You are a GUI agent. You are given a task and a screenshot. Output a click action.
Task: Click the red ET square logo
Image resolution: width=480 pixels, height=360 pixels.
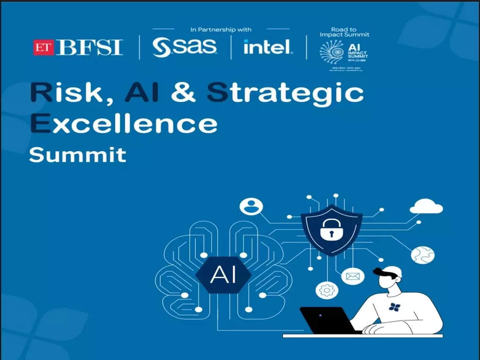(44, 47)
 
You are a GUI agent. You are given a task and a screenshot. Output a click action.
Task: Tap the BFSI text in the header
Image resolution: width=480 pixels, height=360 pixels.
(90, 47)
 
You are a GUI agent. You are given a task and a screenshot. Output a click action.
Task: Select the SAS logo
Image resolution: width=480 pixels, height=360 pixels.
(184, 47)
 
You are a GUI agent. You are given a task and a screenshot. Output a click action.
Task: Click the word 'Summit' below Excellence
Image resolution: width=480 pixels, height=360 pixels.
(77, 155)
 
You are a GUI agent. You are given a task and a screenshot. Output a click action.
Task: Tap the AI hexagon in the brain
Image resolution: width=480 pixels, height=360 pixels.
(223, 275)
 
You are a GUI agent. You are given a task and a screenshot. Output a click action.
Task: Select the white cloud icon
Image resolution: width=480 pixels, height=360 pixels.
(426, 207)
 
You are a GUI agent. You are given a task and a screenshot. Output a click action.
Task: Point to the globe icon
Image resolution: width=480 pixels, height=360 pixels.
(422, 255)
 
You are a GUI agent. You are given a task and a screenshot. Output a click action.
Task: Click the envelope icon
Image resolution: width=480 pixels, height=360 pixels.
(352, 277)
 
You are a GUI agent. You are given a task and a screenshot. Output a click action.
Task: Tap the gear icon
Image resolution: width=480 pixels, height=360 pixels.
(327, 291)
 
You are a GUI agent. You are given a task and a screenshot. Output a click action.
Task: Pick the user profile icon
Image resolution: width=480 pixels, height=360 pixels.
(251, 207)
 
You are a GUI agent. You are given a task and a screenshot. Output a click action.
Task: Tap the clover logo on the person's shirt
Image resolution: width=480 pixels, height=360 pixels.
(394, 307)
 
